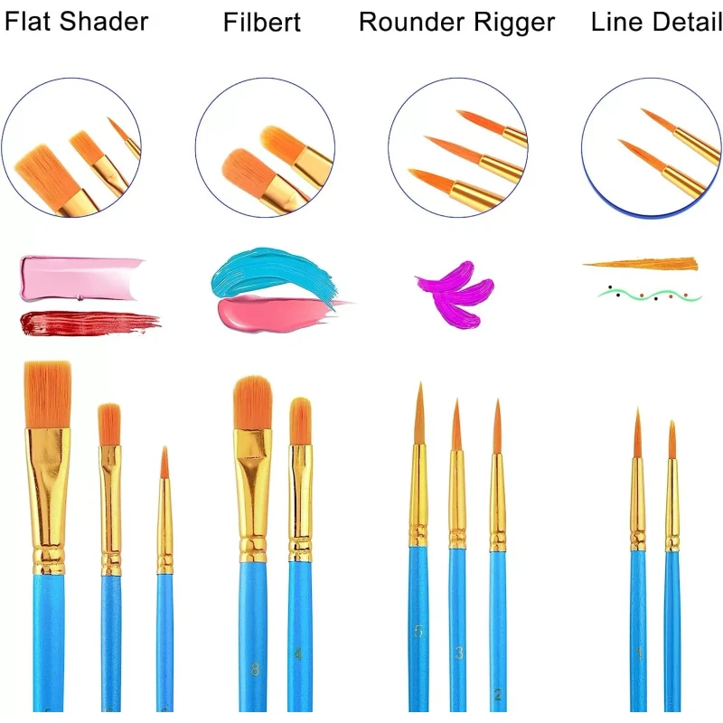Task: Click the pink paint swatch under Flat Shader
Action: (x=80, y=278)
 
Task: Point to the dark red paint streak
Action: (x=86, y=321)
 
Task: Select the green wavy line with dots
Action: (x=649, y=295)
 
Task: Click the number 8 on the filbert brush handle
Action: (x=254, y=670)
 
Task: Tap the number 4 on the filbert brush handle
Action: (x=297, y=653)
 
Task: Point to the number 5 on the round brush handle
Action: (x=418, y=632)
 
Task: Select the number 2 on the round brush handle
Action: (x=498, y=694)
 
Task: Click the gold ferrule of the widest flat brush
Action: (x=48, y=488)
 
